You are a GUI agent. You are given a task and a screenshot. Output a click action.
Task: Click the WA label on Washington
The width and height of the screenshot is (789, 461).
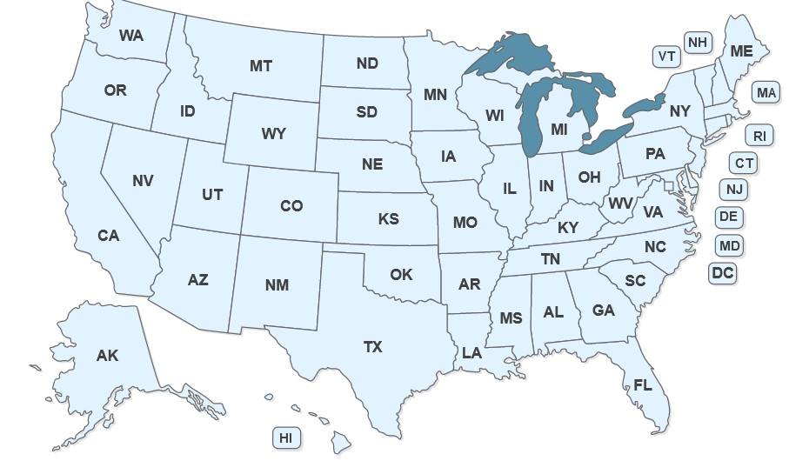point(131,36)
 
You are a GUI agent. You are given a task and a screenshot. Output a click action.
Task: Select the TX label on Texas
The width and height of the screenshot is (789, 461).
point(372,347)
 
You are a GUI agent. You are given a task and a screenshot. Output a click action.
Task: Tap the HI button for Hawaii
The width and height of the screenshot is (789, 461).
point(285,438)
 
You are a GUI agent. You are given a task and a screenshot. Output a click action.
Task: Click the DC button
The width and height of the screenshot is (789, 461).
point(723,273)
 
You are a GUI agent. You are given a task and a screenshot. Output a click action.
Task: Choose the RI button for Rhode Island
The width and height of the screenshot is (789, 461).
point(759,135)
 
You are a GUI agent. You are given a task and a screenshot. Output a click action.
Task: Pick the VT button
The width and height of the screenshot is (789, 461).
point(667,57)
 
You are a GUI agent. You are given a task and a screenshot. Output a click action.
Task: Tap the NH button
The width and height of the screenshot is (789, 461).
point(697,42)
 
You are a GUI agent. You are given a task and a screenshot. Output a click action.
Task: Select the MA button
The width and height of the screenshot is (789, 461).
point(766,92)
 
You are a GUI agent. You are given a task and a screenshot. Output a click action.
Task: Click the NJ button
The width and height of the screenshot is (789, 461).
point(733,189)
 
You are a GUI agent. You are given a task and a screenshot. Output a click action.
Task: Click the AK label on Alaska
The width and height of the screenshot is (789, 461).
point(107,356)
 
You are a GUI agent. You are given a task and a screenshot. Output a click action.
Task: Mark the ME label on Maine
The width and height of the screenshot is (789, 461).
point(741,52)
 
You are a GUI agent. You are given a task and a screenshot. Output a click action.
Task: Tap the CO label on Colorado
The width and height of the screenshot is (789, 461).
point(291,206)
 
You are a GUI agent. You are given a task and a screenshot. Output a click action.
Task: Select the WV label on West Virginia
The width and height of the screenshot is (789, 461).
point(620,203)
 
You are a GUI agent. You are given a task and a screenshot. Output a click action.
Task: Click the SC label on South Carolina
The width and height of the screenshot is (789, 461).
point(635,281)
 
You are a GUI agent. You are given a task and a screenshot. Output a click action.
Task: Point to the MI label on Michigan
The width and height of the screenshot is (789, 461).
point(560,129)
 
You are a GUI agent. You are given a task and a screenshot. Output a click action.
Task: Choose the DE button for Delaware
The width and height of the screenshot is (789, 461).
point(729,217)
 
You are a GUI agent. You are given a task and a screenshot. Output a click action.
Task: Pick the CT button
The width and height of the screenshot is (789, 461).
point(744,163)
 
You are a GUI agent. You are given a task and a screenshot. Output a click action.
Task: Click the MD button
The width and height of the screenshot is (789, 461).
point(730,246)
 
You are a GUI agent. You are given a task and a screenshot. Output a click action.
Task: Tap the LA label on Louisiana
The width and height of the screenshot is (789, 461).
point(471,353)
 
